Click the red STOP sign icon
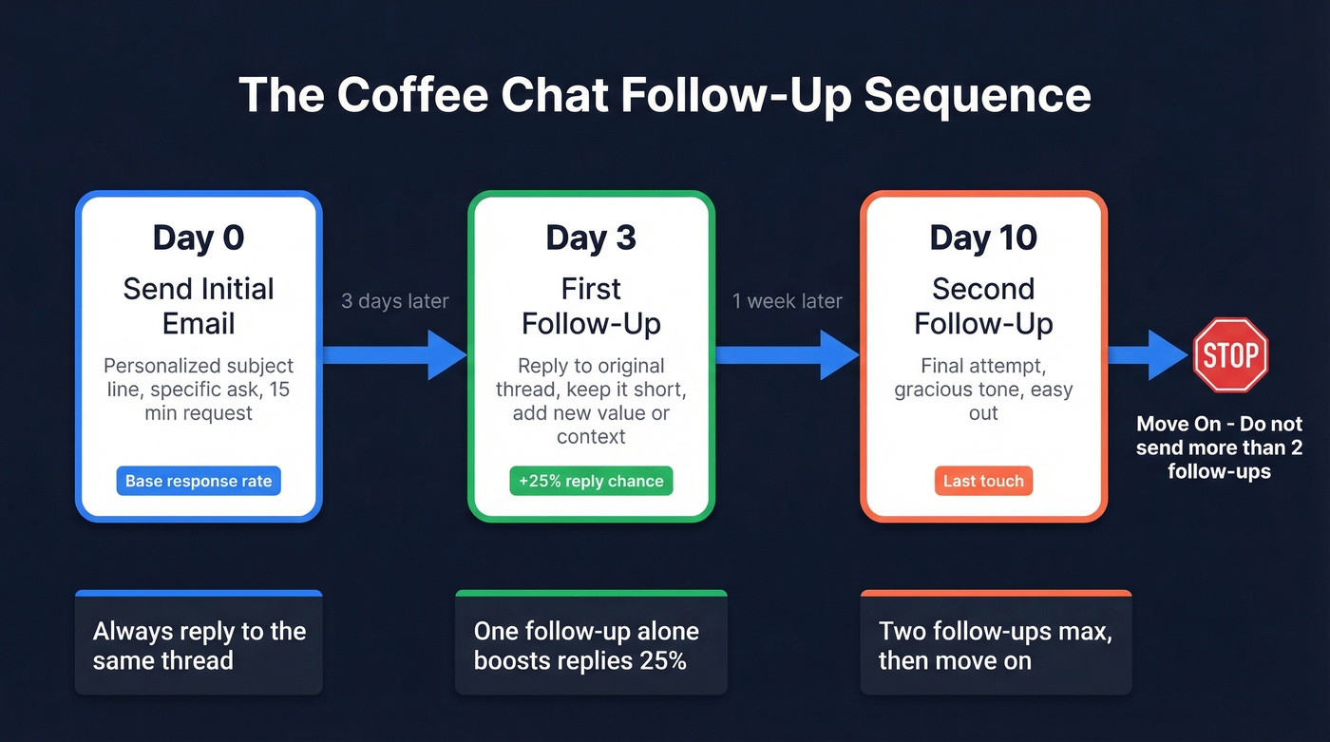pyautogui.click(x=1230, y=355)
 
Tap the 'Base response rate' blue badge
pyautogui.click(x=199, y=481)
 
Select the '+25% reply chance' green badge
pyautogui.click(x=591, y=481)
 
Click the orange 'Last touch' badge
pyautogui.click(x=983, y=481)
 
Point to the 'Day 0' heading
pyautogui.click(x=199, y=238)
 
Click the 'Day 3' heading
pyautogui.click(x=591, y=238)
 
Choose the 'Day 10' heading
pyautogui.click(x=983, y=238)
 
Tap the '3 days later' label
pyautogui.click(x=395, y=301)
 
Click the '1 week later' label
pyautogui.click(x=787, y=301)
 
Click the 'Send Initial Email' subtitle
pyautogui.click(x=199, y=306)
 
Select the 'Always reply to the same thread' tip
pyautogui.click(x=199, y=646)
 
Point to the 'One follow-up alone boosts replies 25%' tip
pyautogui.click(x=586, y=646)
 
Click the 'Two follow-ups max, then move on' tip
pyautogui.click(x=995, y=646)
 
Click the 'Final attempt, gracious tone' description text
pyautogui.click(x=983, y=377)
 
